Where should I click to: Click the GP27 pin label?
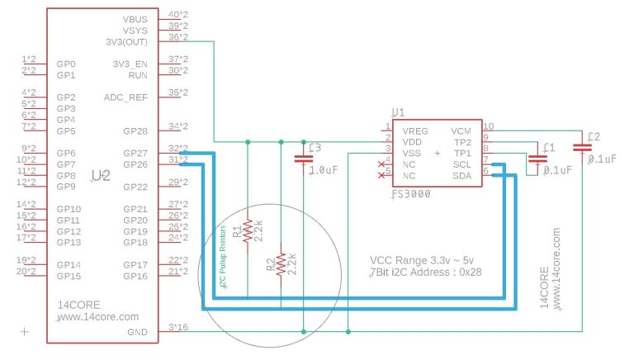point(135,153)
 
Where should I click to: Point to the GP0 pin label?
point(66,64)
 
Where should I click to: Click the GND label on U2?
point(138,332)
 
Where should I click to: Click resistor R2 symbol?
point(282,263)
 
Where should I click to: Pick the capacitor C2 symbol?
point(586,146)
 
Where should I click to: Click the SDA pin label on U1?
point(461,175)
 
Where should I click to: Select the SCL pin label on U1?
point(461,163)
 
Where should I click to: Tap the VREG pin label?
point(415,130)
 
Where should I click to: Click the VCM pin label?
point(461,130)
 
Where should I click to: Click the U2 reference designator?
point(100,175)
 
